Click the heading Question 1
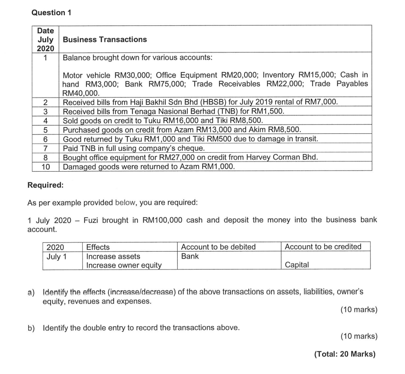(51, 12)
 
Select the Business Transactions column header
(105, 40)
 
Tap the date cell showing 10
(45, 167)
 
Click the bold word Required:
(45, 185)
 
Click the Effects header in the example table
(98, 247)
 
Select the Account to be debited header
(218, 247)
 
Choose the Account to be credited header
(323, 247)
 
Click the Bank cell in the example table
(190, 256)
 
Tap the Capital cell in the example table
(297, 265)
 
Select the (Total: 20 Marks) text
(344, 354)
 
